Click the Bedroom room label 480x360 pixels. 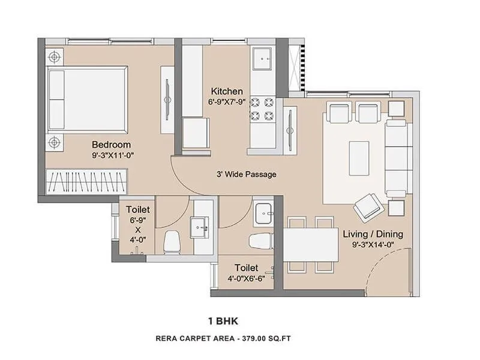(x=111, y=145)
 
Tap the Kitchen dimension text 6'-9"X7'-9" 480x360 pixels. (x=226, y=102)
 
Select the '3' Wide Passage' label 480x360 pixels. (x=247, y=175)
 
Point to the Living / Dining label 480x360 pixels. (x=373, y=234)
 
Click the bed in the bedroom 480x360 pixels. (x=87, y=99)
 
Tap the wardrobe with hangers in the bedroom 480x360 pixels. (x=88, y=182)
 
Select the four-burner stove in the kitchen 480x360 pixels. (x=262, y=109)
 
